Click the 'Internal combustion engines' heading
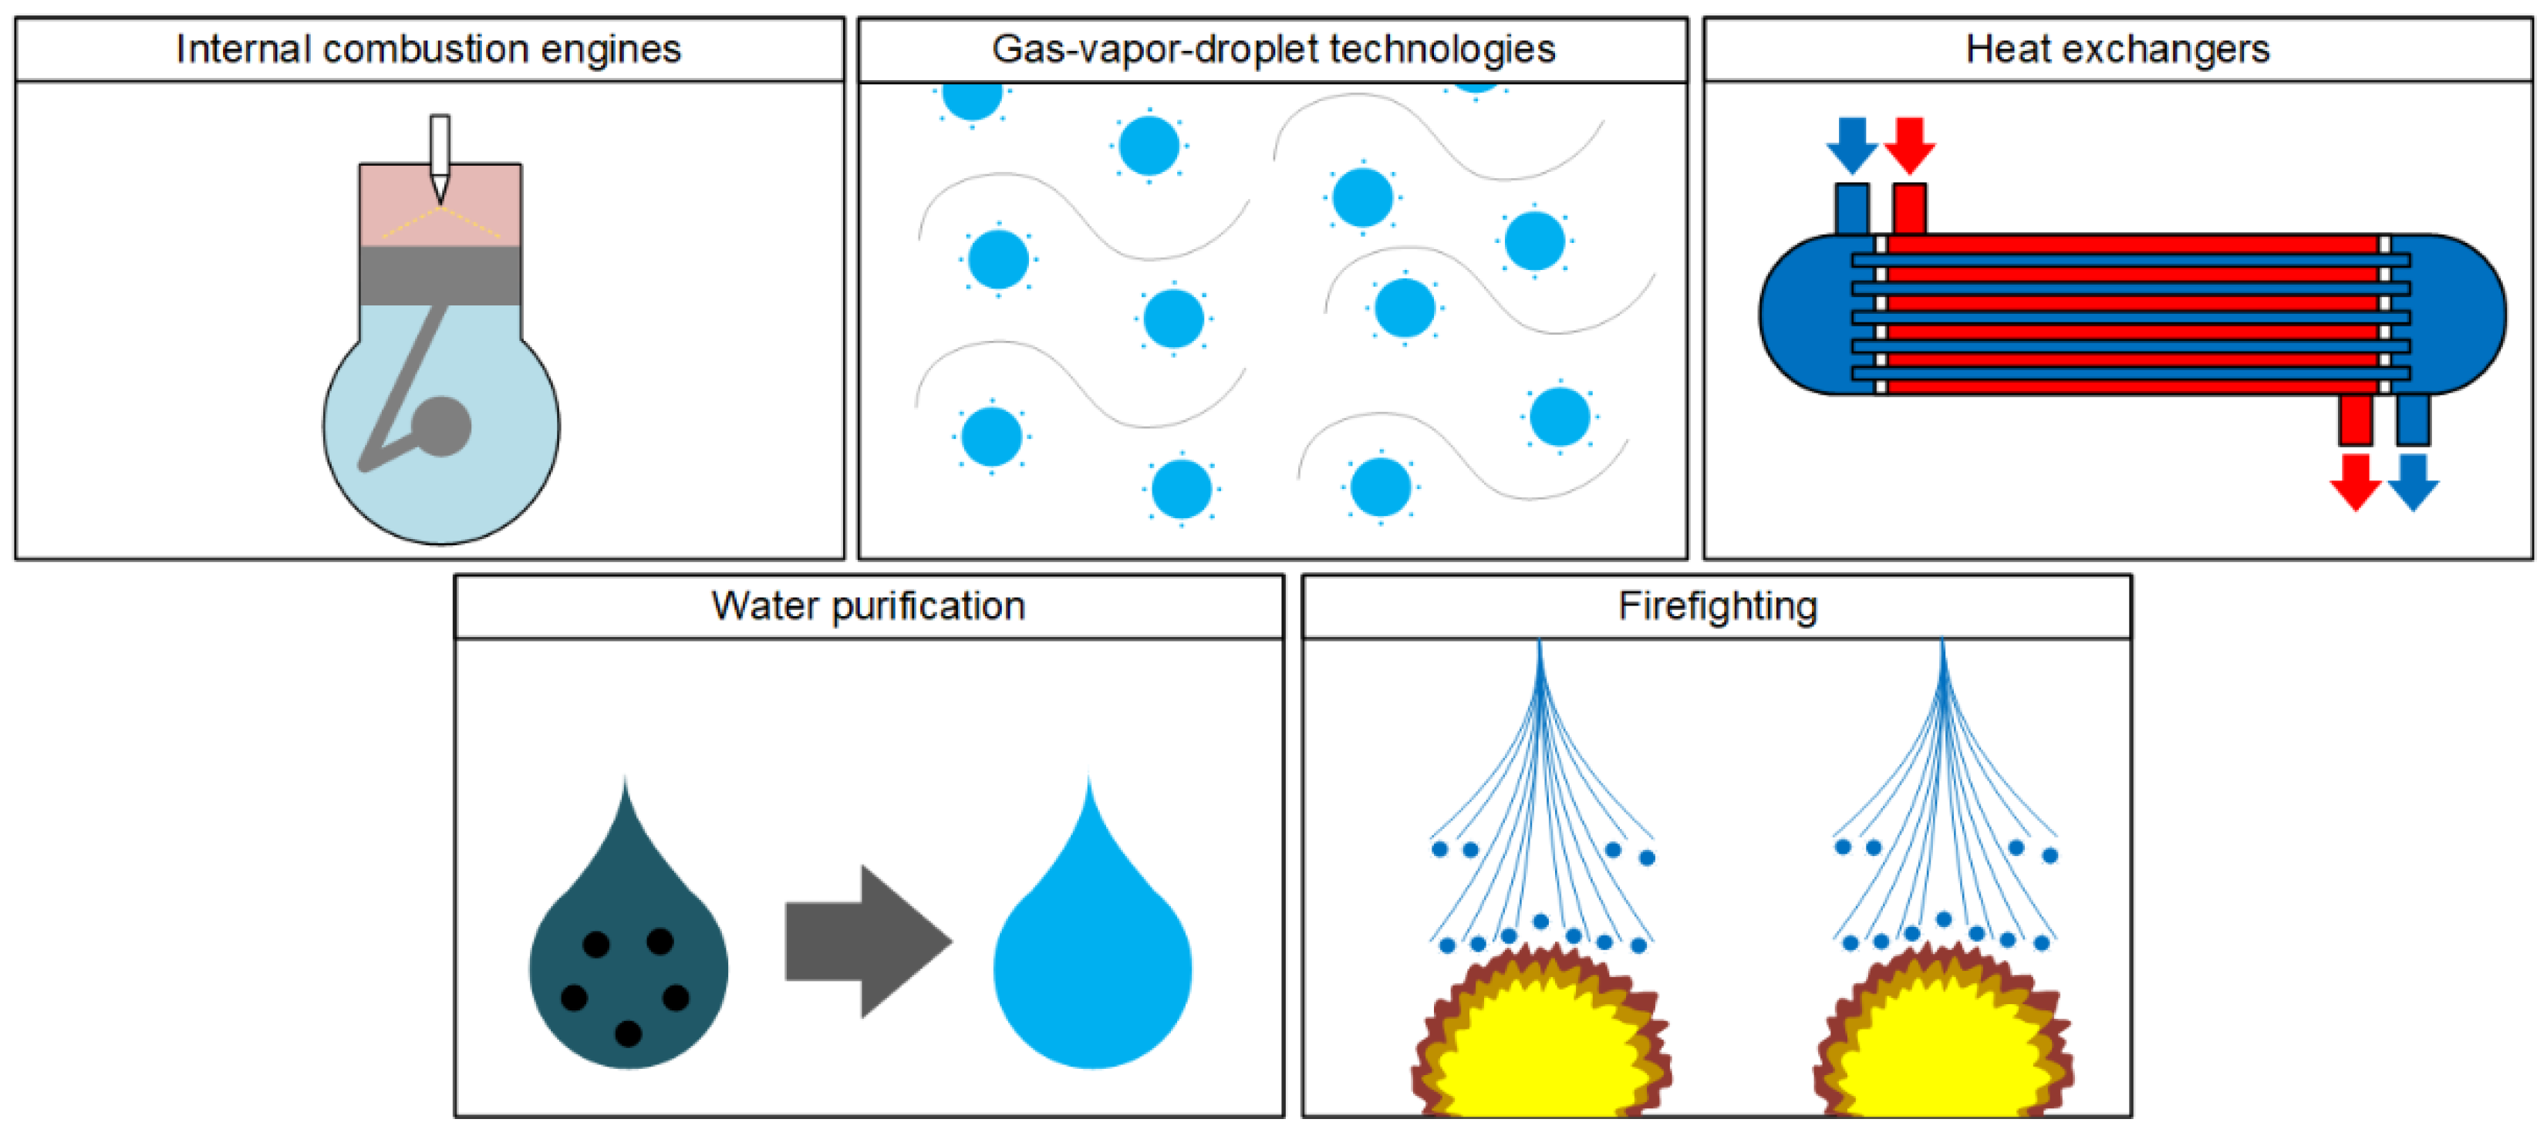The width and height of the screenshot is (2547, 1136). coord(428,49)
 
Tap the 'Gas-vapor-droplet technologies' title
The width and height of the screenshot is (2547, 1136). coord(1273,49)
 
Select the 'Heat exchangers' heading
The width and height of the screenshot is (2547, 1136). coord(2117,49)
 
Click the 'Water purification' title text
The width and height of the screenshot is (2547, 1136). coord(868,605)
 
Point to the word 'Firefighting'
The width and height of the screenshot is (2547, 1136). coord(1718,605)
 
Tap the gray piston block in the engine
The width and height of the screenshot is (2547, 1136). coord(440,275)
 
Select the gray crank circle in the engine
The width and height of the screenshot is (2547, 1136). coord(441,426)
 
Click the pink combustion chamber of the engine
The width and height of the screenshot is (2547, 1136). coord(396,203)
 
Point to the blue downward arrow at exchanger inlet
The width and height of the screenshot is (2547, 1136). coord(1851,144)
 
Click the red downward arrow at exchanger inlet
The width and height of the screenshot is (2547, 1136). coord(1909,144)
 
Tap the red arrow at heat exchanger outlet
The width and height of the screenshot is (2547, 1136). coord(2355,481)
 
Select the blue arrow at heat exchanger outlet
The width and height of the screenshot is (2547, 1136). coord(2414,481)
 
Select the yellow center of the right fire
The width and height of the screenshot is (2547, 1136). coord(1943,1058)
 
